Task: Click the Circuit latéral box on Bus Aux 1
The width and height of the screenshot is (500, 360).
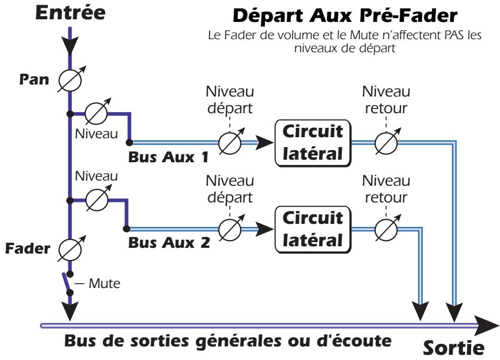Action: pyautogui.click(x=312, y=141)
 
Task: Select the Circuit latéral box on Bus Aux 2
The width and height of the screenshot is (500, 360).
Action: pyautogui.click(x=312, y=228)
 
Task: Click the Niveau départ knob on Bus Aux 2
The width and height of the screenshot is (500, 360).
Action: pyautogui.click(x=230, y=228)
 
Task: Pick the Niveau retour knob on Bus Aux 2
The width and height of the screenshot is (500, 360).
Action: pyautogui.click(x=386, y=228)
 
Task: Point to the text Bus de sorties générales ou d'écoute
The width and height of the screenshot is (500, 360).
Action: pyautogui.click(x=227, y=343)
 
